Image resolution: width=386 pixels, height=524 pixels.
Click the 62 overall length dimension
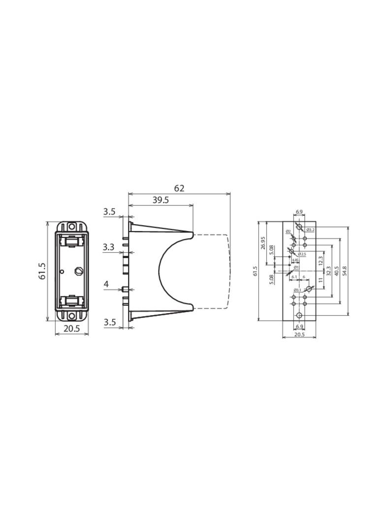click(179, 188)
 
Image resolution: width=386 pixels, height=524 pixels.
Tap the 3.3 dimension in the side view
click(109, 247)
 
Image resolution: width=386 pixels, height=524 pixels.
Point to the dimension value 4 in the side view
click(106, 284)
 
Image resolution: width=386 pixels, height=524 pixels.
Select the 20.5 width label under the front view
click(72, 328)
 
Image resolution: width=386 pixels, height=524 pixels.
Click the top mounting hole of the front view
click(72, 227)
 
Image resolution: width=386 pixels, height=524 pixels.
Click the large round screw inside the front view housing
click(78, 271)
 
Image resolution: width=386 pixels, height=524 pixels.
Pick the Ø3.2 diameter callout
click(310, 230)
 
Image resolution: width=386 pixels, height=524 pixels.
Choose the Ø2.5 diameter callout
click(302, 254)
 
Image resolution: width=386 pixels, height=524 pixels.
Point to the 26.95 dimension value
click(263, 243)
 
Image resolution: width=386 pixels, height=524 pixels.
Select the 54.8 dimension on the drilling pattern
click(344, 271)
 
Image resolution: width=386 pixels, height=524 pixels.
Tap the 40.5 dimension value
click(336, 271)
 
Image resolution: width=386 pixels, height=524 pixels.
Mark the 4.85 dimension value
click(295, 260)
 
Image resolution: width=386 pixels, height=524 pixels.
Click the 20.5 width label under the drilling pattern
click(299, 334)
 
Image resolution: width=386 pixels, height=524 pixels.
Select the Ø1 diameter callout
click(296, 267)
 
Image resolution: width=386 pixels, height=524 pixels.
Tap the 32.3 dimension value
click(328, 271)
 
